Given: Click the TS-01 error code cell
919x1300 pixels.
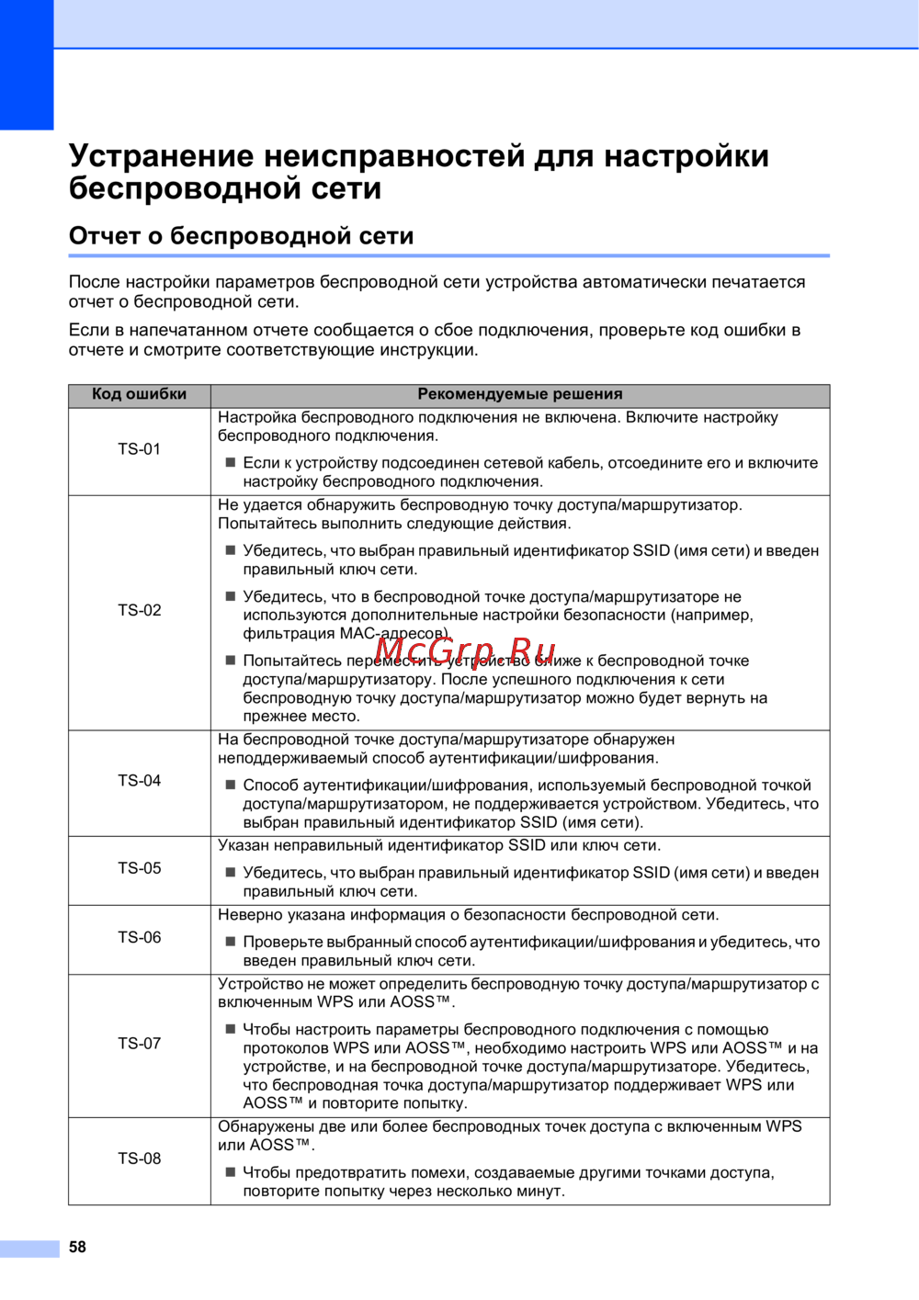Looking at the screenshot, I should pos(140,449).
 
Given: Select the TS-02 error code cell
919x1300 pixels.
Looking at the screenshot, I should pos(140,610).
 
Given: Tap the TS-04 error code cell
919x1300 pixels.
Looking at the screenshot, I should pos(140,781).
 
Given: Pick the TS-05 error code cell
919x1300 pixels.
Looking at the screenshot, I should pos(140,868).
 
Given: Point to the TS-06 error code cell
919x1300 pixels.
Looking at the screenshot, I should pos(140,938).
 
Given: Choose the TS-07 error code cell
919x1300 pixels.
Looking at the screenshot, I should pos(140,1044).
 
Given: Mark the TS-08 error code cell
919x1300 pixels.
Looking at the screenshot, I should pos(140,1159).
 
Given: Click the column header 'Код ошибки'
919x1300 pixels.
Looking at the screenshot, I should pos(140,394).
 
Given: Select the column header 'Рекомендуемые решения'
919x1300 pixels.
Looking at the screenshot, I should pos(520,394).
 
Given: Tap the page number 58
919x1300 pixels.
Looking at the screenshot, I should pos(78,1247).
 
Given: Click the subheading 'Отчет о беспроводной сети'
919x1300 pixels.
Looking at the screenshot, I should pos(241,236).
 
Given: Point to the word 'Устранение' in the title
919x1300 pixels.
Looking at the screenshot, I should pos(161,155).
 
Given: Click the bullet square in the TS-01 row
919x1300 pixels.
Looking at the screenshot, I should pos(231,462).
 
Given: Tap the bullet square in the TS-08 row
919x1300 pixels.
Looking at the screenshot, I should pos(231,1171).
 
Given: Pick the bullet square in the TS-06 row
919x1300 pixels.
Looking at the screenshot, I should pos(231,941).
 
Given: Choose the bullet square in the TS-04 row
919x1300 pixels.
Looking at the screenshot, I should pos(231,785).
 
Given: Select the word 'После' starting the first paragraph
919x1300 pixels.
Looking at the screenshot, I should pos(94,282).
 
